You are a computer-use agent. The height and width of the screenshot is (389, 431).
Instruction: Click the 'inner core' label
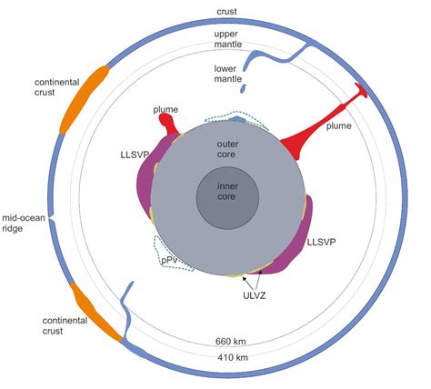(227, 192)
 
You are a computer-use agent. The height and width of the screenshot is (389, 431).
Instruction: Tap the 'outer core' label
(227, 149)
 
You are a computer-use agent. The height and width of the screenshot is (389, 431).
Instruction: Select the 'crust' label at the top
(226, 12)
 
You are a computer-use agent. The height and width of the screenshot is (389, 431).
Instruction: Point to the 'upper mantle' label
(228, 39)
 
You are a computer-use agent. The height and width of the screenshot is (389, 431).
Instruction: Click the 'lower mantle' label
(228, 74)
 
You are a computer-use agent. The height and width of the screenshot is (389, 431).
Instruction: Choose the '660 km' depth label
(230, 342)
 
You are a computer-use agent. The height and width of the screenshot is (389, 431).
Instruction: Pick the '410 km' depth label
(233, 358)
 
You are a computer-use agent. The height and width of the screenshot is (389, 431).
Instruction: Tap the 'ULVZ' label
(255, 295)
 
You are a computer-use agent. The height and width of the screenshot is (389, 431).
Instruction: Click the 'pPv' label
(169, 260)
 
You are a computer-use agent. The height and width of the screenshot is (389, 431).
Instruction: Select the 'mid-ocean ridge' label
(24, 223)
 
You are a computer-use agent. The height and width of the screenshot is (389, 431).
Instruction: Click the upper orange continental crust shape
(85, 99)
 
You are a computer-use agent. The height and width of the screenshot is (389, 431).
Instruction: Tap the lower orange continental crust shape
(96, 313)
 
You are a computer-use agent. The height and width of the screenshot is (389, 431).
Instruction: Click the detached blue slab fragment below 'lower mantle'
(243, 88)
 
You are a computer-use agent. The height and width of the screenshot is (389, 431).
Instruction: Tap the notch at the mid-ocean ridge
(50, 218)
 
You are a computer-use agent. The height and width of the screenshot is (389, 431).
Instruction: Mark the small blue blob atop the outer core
(237, 120)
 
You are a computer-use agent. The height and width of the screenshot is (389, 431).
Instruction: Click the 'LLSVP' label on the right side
(321, 243)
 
